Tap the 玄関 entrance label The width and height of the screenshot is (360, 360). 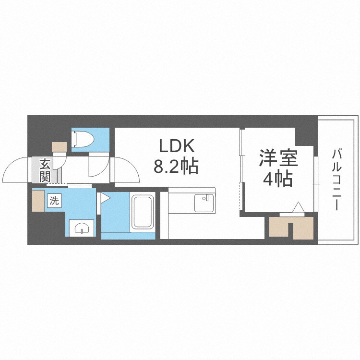[45, 170]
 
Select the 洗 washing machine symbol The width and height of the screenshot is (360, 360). [54, 201]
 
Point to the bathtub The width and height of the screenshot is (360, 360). [143, 211]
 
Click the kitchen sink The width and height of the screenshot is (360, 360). [203, 203]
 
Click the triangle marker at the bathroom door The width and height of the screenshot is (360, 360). [105, 197]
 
